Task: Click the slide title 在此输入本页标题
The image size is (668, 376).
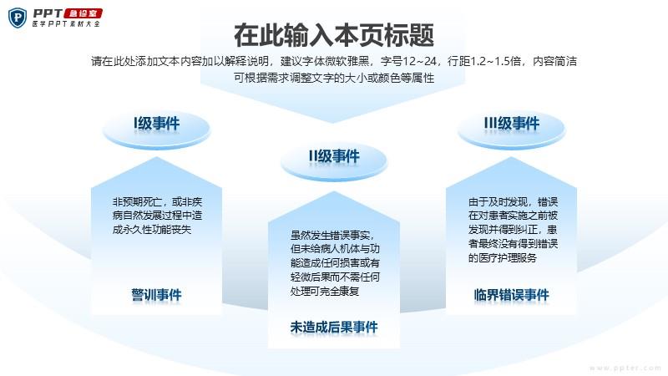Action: pyautogui.click(x=334, y=35)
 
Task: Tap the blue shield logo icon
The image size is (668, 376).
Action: pyautogui.click(x=18, y=18)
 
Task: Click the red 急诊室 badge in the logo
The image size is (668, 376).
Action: pyautogui.click(x=83, y=13)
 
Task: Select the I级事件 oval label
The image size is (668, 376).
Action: pyautogui.click(x=157, y=128)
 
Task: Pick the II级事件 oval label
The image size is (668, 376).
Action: pyautogui.click(x=334, y=160)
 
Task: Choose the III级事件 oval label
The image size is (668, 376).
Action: pyautogui.click(x=512, y=128)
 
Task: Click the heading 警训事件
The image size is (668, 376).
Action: pyautogui.click(x=156, y=295)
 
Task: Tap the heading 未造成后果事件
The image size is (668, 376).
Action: pyautogui.click(x=334, y=327)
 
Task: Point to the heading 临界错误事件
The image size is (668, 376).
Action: pyautogui.click(x=512, y=295)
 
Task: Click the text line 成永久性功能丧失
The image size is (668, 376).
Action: pyautogui.click(x=152, y=229)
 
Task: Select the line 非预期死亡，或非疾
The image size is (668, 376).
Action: pyautogui.click(x=157, y=201)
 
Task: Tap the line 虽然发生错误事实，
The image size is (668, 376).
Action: pyautogui.click(x=332, y=235)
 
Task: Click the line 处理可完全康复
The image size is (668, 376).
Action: pyautogui.click(x=325, y=291)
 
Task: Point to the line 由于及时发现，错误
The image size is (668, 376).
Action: pyautogui.click(x=513, y=201)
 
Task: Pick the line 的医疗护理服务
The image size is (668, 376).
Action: pyautogui.click(x=503, y=257)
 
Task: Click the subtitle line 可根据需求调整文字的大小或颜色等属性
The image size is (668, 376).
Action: pyautogui.click(x=334, y=78)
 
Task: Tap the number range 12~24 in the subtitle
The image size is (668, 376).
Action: pyautogui.click(x=420, y=61)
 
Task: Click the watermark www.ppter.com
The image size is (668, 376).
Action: pyautogui.click(x=625, y=368)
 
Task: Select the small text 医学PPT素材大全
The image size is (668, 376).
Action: pyautogui.click(x=66, y=24)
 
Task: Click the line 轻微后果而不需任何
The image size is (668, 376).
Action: pyautogui.click(x=335, y=277)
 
